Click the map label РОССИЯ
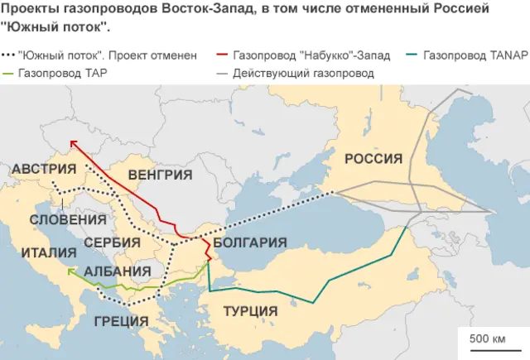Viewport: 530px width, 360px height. pyautogui.click(x=373, y=159)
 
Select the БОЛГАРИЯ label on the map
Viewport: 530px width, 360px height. pyautogui.click(x=250, y=243)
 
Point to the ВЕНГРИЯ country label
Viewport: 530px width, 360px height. pyautogui.click(x=161, y=175)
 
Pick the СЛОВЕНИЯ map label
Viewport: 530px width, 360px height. pyautogui.click(x=68, y=220)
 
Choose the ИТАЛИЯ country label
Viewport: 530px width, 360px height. pyautogui.click(x=50, y=252)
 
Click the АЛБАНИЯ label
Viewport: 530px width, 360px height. pyautogui.click(x=118, y=271)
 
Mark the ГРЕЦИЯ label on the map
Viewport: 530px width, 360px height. pyautogui.click(x=122, y=321)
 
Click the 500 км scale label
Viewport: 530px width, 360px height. pyautogui.click(x=487, y=339)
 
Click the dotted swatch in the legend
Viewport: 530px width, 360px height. pyautogui.click(x=9, y=56)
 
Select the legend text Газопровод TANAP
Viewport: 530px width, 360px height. pyautogui.click(x=475, y=56)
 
